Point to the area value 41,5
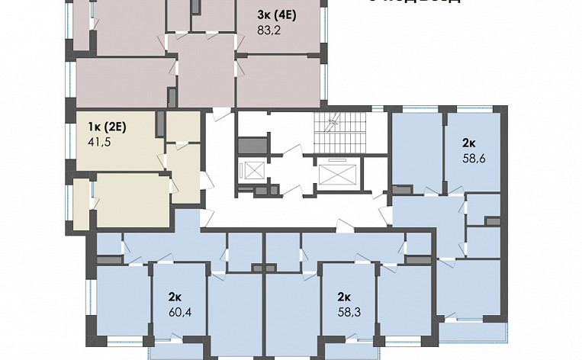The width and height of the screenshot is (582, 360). (99, 142)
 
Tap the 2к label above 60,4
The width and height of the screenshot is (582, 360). (175, 297)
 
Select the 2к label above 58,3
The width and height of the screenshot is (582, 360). (344, 297)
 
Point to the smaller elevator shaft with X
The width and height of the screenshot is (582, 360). (251, 170)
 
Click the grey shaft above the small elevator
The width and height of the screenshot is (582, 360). (251, 144)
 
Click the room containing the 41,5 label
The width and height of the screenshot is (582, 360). (118, 153)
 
